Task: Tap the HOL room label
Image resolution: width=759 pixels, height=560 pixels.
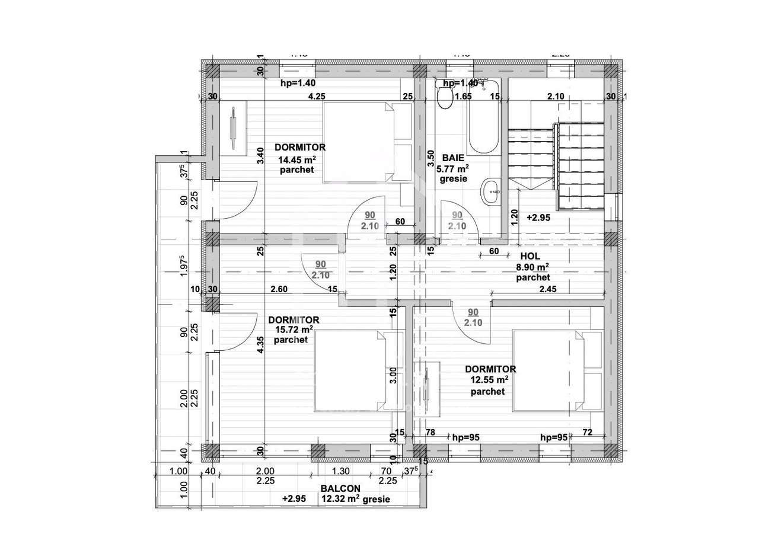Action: click(x=530, y=256)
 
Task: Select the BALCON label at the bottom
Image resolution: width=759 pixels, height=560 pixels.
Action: click(x=340, y=488)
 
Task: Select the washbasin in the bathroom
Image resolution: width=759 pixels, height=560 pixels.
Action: click(x=492, y=190)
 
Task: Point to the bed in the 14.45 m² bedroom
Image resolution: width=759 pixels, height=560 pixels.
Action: click(x=366, y=142)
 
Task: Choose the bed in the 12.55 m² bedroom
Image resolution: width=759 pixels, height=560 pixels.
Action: click(x=557, y=370)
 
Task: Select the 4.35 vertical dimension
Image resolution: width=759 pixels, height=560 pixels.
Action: click(x=260, y=345)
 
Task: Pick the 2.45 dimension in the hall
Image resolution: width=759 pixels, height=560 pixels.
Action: click(x=547, y=290)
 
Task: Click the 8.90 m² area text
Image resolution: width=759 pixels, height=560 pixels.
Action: click(x=532, y=267)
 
